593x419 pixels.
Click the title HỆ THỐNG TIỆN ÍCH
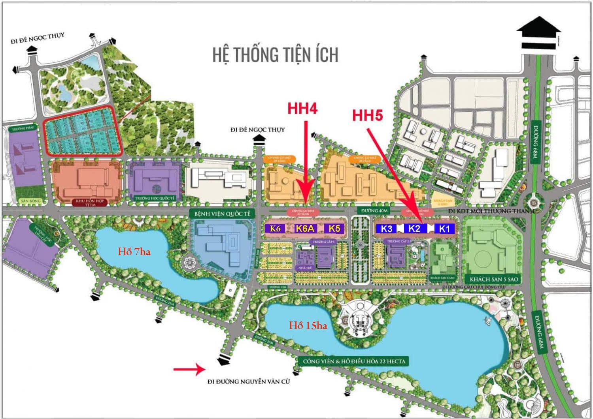coord(275,55)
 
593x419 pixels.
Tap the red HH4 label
coord(302,108)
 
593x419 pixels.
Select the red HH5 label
coord(368,115)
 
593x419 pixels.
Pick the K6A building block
coord(305,228)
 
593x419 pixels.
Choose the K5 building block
coord(334,228)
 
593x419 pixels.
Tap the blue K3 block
coord(387,229)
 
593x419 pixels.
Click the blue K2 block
coord(414,228)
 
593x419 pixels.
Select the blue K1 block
coord(444,229)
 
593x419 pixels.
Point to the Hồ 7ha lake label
coord(134,252)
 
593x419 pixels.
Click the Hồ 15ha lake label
coord(308,325)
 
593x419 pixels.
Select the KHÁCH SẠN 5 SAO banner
coord(491,279)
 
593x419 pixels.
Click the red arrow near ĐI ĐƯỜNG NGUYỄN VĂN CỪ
coord(188,369)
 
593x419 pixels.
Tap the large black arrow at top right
coord(538,34)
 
